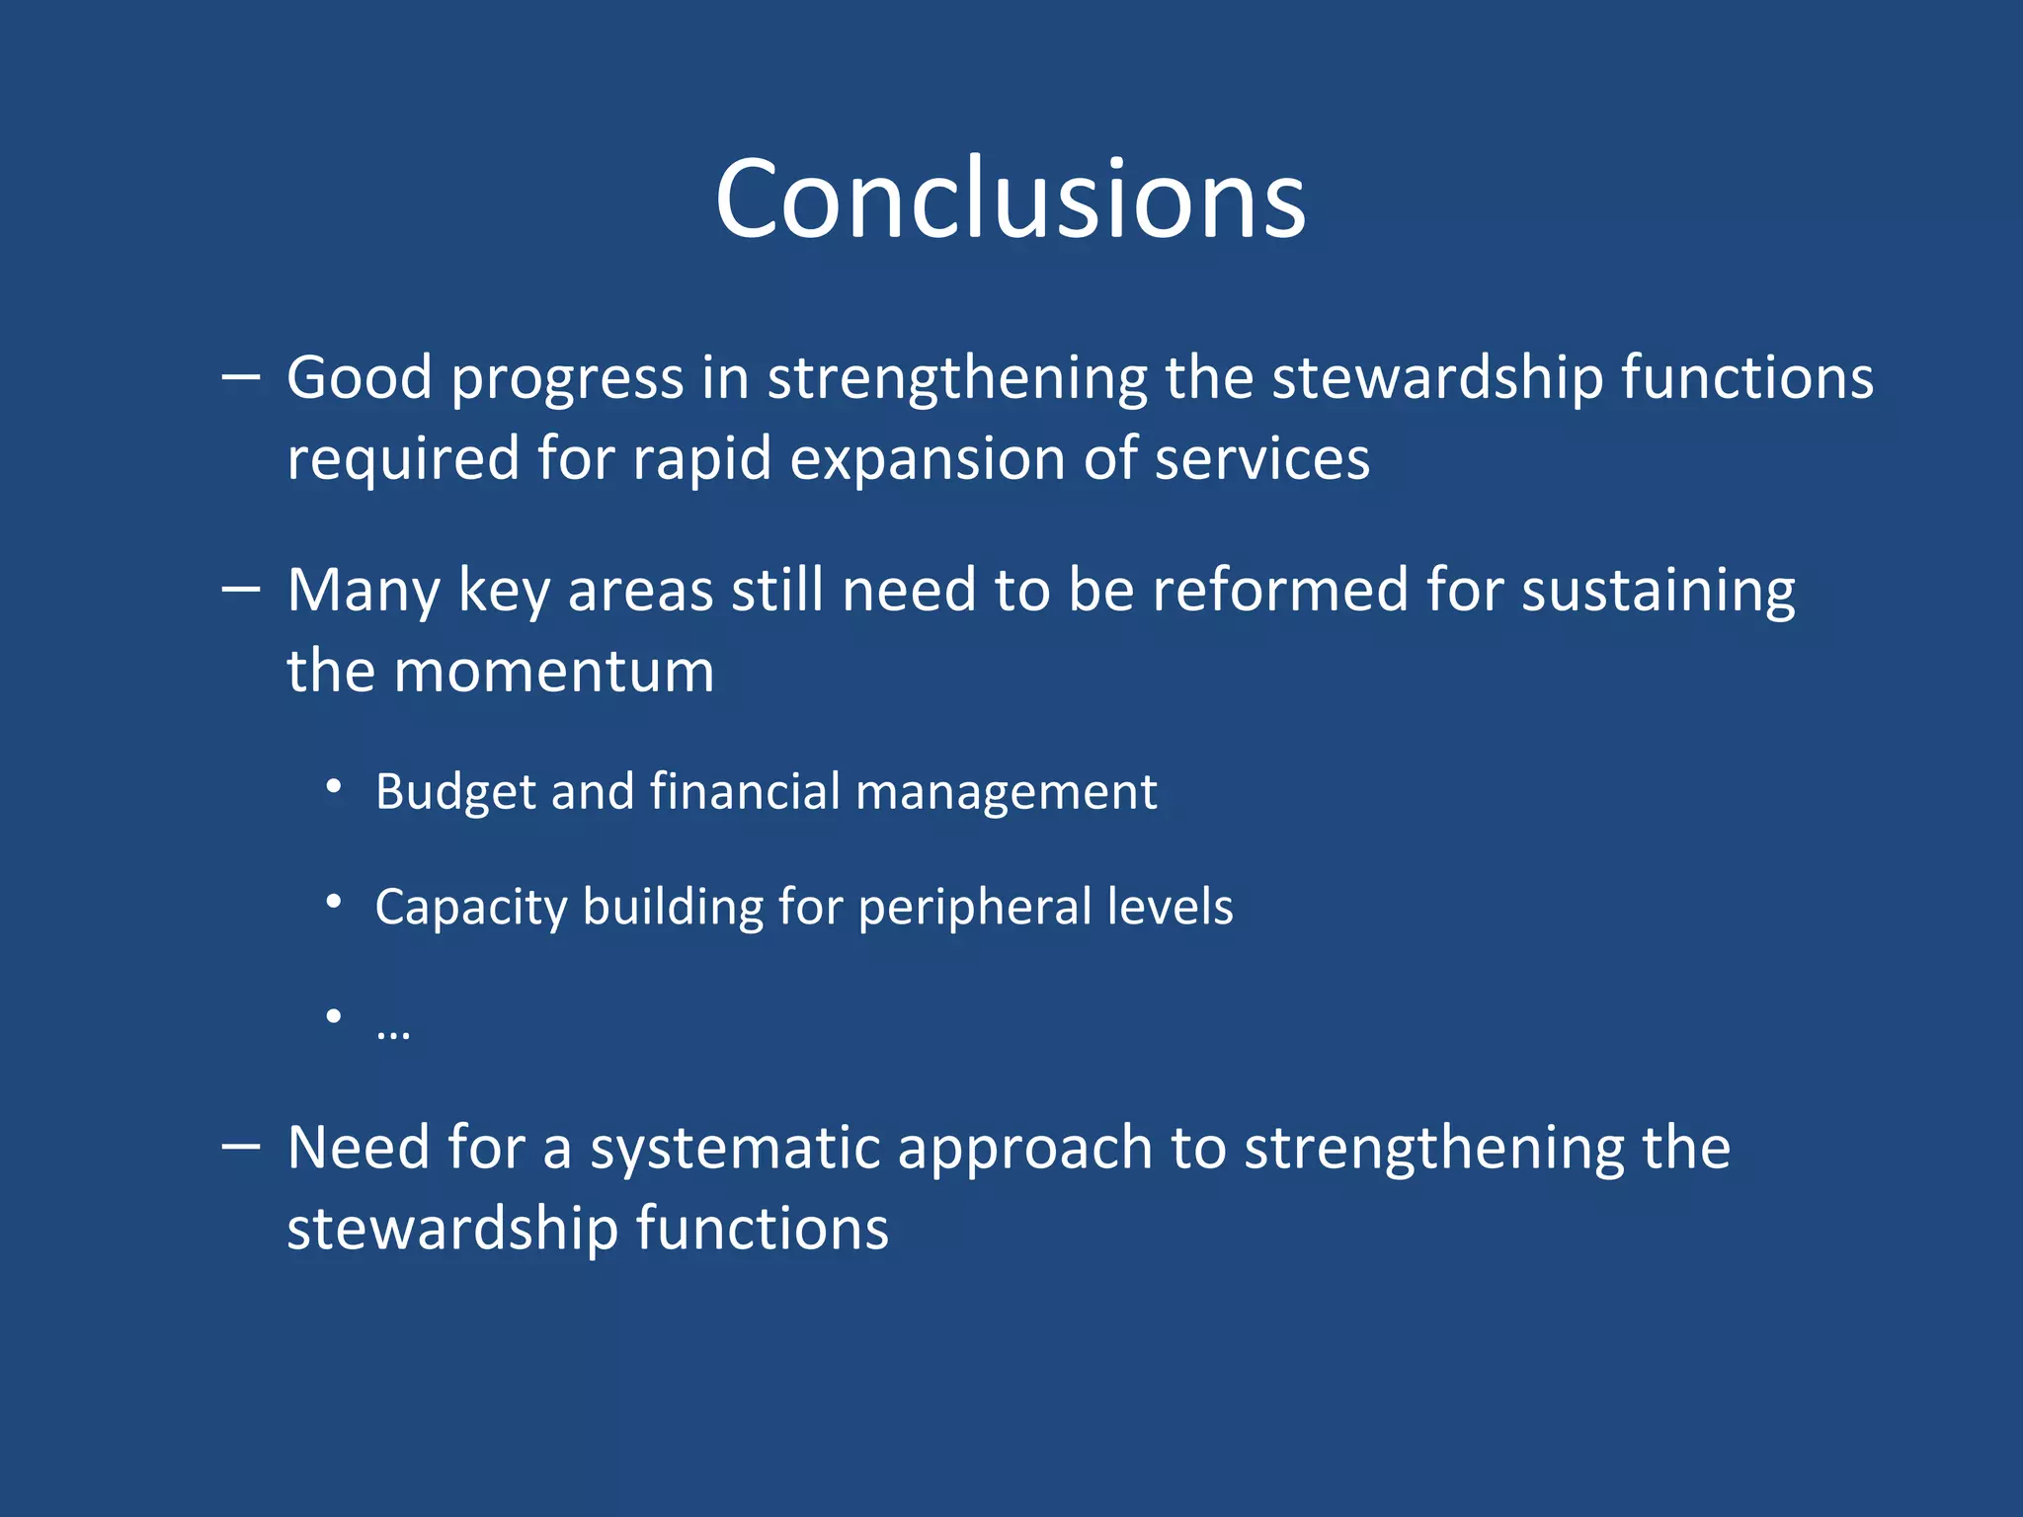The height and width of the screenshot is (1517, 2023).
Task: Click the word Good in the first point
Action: click(x=360, y=377)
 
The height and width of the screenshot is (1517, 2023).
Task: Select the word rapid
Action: click(x=701, y=460)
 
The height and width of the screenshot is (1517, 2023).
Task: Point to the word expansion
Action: click(x=927, y=460)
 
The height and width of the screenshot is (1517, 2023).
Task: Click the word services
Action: click(x=1261, y=460)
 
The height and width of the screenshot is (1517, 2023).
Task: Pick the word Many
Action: click(x=363, y=592)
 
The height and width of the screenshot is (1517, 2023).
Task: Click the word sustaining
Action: click(x=1658, y=592)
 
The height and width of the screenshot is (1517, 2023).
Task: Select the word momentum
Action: click(x=554, y=672)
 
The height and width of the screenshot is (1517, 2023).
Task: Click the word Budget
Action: click(x=455, y=792)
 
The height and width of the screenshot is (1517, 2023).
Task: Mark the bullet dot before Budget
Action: click(x=334, y=787)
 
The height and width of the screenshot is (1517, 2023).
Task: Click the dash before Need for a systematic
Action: click(x=241, y=1147)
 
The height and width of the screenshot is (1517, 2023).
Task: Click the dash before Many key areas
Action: click(x=241, y=590)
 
